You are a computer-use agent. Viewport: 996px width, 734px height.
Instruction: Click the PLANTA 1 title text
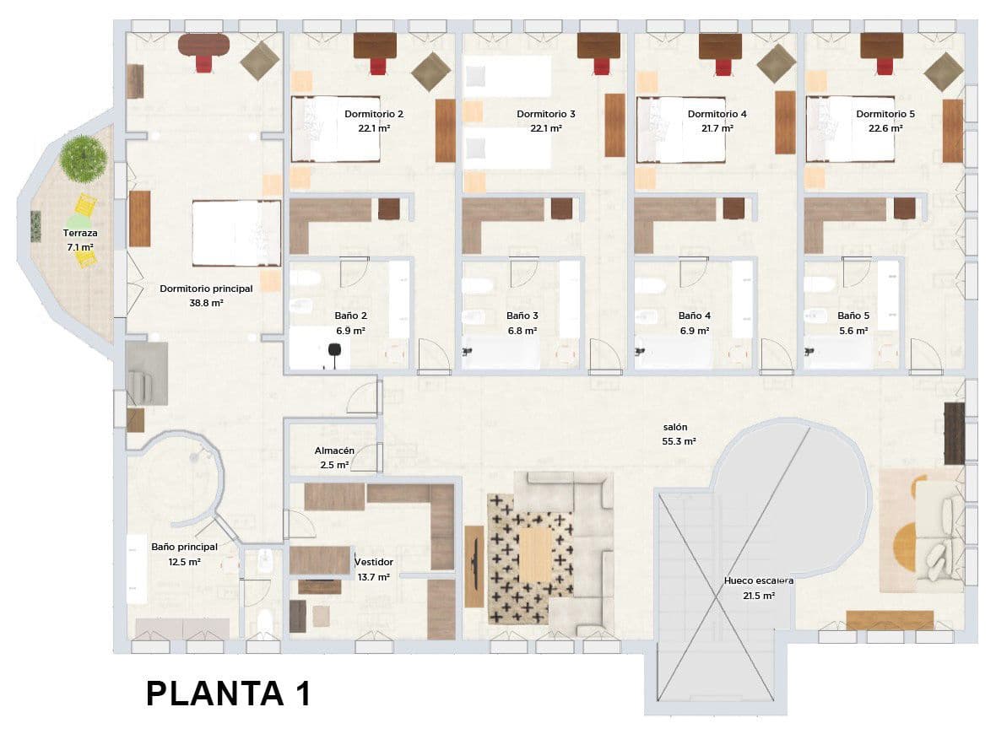[x=228, y=694]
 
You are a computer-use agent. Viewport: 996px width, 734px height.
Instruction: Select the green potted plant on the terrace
[x=84, y=158]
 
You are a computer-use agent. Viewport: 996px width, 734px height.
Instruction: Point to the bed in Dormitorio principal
[x=236, y=233]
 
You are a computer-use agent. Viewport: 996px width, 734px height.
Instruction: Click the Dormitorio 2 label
[x=374, y=114]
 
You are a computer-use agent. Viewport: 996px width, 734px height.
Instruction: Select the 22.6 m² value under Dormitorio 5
[x=885, y=128]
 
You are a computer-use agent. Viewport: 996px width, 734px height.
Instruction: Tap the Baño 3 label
[x=522, y=316]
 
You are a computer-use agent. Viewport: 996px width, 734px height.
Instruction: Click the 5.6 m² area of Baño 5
[x=853, y=331]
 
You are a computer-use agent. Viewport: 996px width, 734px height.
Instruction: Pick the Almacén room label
[x=334, y=451]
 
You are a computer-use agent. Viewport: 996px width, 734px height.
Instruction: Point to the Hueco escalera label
[x=759, y=580]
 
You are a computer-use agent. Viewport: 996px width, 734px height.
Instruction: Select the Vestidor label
[x=373, y=562]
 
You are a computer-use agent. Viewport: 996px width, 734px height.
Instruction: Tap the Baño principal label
[x=184, y=547]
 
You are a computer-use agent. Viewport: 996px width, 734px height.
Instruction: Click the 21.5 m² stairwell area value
[x=758, y=595]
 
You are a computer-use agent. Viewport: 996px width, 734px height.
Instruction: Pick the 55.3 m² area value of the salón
[x=679, y=441]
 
